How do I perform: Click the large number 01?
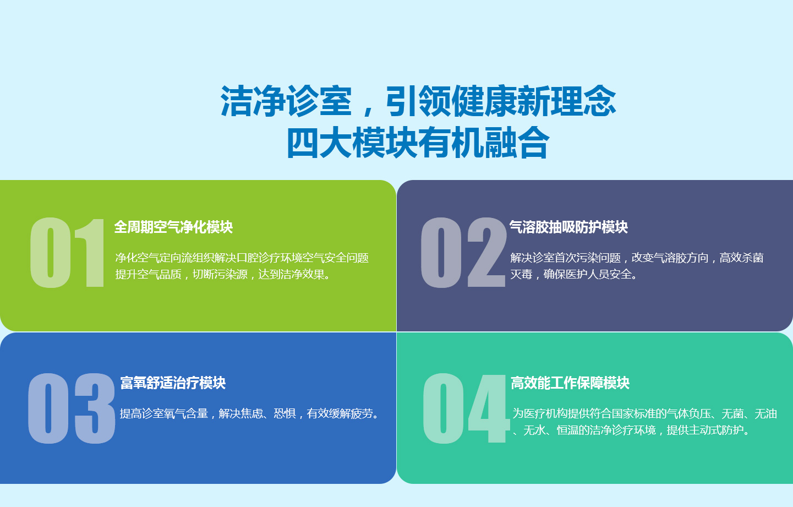[x=67, y=253]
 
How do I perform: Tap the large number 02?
[x=463, y=253]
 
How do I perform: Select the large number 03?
[x=72, y=408]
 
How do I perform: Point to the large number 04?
[x=466, y=408]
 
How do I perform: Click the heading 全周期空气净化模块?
[x=173, y=227]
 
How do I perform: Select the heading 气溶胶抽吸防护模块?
[x=568, y=227]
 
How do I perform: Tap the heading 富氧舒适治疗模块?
[x=173, y=383]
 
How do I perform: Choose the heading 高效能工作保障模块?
[x=570, y=383]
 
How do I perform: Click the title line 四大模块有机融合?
[x=418, y=143]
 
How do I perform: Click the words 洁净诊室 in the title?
[x=286, y=101]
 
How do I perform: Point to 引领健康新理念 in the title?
[x=501, y=101]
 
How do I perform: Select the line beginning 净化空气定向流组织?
[x=242, y=258]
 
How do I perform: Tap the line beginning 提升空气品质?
[x=223, y=274]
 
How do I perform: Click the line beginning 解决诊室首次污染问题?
[x=637, y=258]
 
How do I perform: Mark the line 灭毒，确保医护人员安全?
[x=573, y=274]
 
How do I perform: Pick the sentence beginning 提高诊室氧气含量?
[x=250, y=413]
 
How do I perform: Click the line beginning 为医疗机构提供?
[x=644, y=413]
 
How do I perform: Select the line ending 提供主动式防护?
[x=631, y=430]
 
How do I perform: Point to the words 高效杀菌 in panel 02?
[x=742, y=258]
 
